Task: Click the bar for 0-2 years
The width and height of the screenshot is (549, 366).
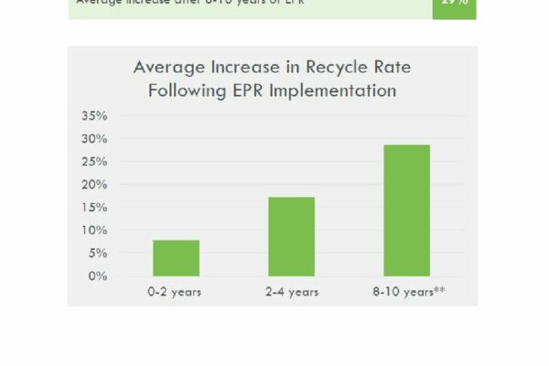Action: pos(176,258)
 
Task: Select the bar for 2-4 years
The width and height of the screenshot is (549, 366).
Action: pos(291,236)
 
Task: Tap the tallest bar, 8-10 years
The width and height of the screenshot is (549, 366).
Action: pos(406,210)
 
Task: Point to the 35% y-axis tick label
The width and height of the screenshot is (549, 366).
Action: pos(94,116)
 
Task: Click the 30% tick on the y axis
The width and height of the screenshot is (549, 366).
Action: pos(94,139)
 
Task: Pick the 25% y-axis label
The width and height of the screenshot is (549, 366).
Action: pos(94,162)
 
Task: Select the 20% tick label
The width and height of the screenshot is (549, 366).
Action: pos(94,185)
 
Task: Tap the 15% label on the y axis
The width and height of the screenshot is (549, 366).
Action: pos(94,208)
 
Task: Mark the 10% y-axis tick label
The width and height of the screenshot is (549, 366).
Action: pos(94,231)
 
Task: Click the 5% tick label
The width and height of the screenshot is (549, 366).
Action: pos(98,253)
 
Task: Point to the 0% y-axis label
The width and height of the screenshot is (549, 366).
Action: pos(98,276)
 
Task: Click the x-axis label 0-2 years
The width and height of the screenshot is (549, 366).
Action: pos(176,292)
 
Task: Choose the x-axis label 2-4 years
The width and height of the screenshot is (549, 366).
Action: pos(291,292)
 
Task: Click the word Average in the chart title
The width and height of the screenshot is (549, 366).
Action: pos(169,67)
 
